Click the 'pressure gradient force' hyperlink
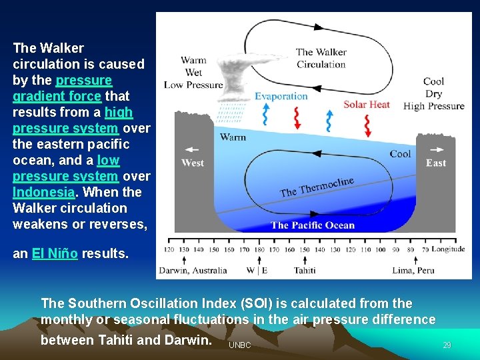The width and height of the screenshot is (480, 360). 62,88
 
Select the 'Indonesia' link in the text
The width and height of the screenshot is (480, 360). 43,192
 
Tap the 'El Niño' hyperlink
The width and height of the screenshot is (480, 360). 55,253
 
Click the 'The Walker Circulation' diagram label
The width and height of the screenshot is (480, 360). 321,58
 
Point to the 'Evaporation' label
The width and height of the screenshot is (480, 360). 281,96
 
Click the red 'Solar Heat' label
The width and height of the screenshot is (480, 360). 367,104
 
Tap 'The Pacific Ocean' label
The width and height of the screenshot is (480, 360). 313,225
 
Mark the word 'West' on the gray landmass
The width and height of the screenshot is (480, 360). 193,163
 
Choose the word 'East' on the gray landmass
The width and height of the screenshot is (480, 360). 436,163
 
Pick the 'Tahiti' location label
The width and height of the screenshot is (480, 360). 306,271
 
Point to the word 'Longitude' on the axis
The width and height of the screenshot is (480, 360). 448,249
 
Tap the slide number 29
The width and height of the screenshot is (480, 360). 447,345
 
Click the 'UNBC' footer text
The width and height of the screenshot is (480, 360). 239,345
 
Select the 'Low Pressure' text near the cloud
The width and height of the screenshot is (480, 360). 193,85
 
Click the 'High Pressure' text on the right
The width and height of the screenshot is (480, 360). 434,106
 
